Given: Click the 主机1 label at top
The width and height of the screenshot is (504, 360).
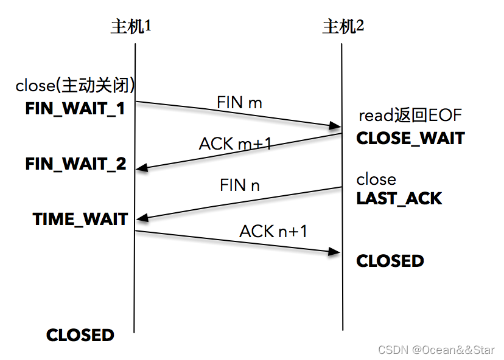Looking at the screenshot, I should point(130,27).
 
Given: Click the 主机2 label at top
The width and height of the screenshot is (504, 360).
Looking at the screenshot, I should point(343,27).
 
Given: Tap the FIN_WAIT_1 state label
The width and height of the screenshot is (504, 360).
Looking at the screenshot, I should point(75,108).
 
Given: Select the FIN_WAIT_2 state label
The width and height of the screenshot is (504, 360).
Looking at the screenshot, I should point(75,164).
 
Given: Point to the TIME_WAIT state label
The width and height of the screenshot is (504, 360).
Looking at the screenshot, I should point(80,219).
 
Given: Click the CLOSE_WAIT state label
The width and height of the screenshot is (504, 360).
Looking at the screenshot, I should point(410,138).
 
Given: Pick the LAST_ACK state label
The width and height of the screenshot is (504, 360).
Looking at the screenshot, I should point(399,198).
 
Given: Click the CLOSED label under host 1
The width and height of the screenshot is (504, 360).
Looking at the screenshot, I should point(80,335).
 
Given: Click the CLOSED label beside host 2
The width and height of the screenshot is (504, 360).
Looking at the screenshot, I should point(390,261).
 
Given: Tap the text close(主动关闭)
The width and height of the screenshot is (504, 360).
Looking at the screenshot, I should point(75,86).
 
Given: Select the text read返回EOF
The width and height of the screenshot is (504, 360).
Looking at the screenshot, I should point(410,116).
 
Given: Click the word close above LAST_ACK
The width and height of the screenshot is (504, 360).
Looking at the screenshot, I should point(376,179).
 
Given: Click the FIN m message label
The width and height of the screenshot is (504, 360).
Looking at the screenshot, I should point(239,102).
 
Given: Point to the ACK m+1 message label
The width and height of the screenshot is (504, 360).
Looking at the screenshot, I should point(235,144).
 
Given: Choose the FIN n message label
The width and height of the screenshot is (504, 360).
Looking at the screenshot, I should point(240,185).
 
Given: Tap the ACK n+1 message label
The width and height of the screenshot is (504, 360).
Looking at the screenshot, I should point(273,231).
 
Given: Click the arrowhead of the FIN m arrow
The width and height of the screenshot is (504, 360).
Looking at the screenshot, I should point(335,126).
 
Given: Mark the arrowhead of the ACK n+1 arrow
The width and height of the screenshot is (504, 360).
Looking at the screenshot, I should point(335,251).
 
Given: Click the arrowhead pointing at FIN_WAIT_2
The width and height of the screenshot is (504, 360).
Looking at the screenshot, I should point(141,167).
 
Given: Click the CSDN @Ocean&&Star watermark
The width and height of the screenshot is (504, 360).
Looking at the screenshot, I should point(436,350).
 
